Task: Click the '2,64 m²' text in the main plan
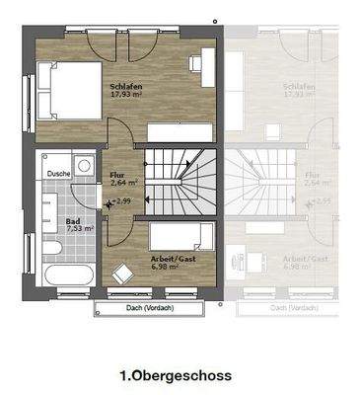(123, 183)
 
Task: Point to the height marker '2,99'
(121, 201)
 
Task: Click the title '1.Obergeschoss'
(175, 374)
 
